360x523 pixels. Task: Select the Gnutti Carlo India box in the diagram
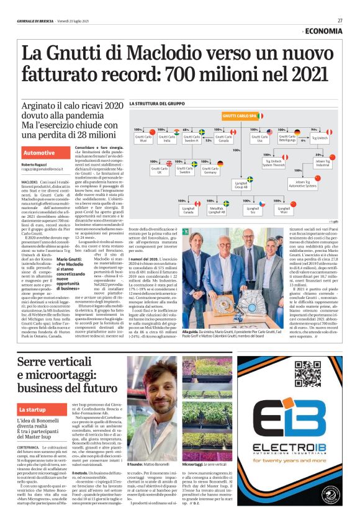click(167, 138)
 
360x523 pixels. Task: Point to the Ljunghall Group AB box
click(242, 185)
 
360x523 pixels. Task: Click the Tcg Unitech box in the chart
click(319, 138)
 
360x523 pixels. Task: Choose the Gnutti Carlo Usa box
click(258, 138)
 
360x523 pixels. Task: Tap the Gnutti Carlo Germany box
click(210, 171)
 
